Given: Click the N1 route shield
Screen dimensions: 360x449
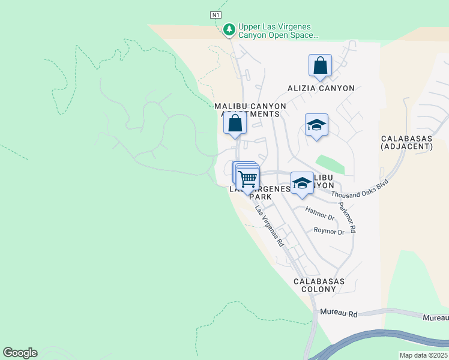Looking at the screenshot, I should (216, 14).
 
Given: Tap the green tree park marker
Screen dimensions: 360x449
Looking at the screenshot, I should (229, 29).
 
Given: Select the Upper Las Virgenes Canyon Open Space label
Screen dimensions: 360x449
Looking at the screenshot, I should (277, 31).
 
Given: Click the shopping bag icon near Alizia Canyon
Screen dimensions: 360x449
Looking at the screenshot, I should (321, 65).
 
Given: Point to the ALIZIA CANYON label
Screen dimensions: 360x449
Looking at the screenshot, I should (321, 88).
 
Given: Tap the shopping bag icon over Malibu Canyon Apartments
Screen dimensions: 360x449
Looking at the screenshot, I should (235, 124).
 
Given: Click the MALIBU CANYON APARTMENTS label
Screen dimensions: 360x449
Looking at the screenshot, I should (250, 110).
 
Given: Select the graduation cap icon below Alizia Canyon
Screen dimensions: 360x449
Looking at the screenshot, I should (316, 125).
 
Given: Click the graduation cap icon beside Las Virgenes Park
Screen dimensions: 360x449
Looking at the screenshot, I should (302, 182).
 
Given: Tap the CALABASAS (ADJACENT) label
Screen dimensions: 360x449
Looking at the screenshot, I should (415, 142).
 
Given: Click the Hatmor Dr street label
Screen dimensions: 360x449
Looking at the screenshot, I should (319, 212).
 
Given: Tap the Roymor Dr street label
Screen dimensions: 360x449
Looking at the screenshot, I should (329, 232).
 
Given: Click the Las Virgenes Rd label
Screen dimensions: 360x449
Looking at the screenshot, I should (269, 227).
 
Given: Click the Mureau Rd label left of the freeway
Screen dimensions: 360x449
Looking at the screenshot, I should (339, 313).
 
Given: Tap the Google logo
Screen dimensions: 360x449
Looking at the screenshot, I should (20, 353).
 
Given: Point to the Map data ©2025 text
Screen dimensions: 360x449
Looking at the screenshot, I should (424, 355).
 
